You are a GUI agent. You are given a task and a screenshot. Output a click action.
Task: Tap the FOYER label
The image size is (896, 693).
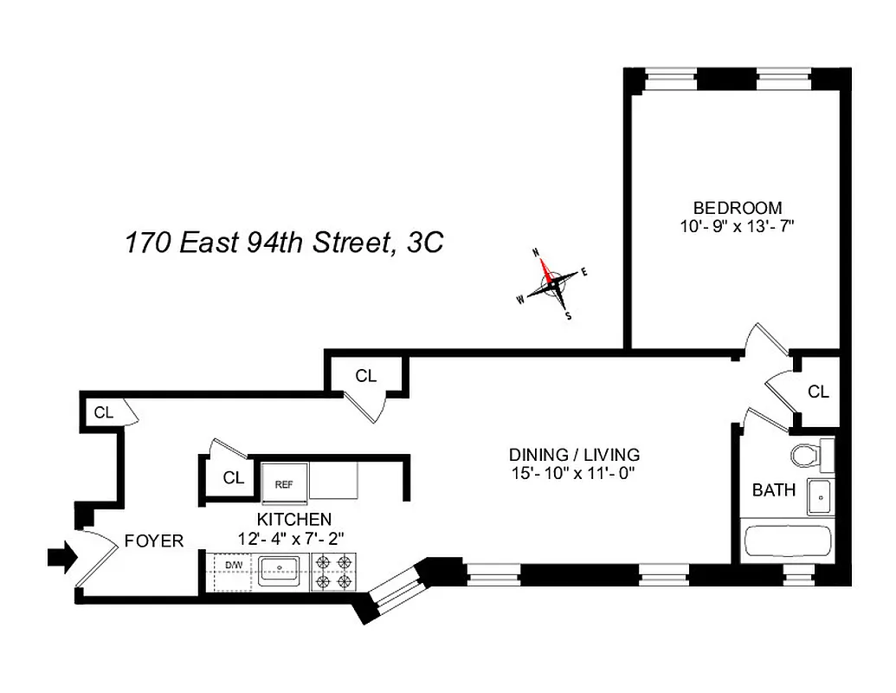(x=154, y=541)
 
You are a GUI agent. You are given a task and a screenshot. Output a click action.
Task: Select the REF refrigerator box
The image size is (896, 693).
(x=284, y=484)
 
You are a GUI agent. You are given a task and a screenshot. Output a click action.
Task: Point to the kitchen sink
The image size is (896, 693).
(x=279, y=570)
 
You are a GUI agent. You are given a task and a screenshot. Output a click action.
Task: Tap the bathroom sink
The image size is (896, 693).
(x=819, y=496)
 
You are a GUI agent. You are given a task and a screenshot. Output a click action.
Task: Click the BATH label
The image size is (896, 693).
(x=773, y=490)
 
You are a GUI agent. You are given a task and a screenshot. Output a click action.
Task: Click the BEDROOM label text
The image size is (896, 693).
(x=737, y=208)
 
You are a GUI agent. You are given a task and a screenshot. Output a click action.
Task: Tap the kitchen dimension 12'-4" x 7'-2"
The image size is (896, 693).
(x=292, y=538)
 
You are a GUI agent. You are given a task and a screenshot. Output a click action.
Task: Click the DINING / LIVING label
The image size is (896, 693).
(x=574, y=455)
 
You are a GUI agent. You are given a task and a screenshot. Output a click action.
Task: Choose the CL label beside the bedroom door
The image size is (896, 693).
(x=818, y=392)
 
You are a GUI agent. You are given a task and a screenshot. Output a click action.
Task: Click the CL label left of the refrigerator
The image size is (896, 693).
(x=233, y=477)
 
